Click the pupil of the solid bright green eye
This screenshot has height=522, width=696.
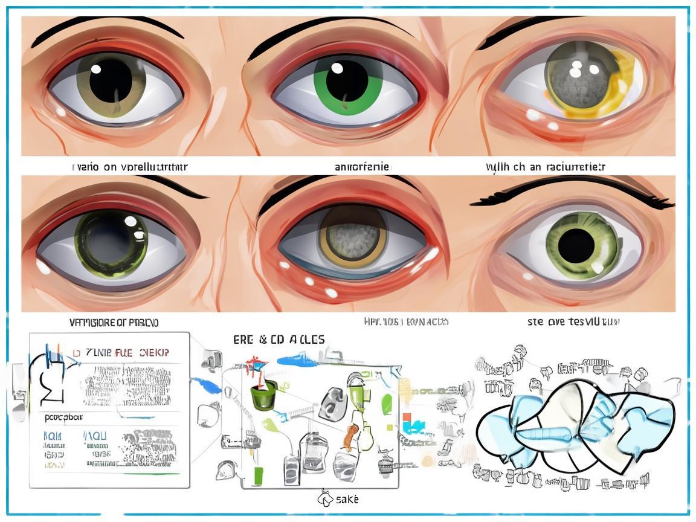click(347, 80)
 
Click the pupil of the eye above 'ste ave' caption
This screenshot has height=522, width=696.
click(576, 245)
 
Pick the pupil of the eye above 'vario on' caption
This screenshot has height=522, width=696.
click(111, 79)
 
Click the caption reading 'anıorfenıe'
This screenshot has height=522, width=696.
click(362, 166)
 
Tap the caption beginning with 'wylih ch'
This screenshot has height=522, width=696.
click(545, 166)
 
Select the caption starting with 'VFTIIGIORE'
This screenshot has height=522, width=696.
click(114, 322)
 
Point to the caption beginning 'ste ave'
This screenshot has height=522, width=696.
click(573, 321)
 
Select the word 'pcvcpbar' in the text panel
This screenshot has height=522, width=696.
click(64, 416)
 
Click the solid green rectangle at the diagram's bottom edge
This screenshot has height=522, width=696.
click(259, 475)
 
